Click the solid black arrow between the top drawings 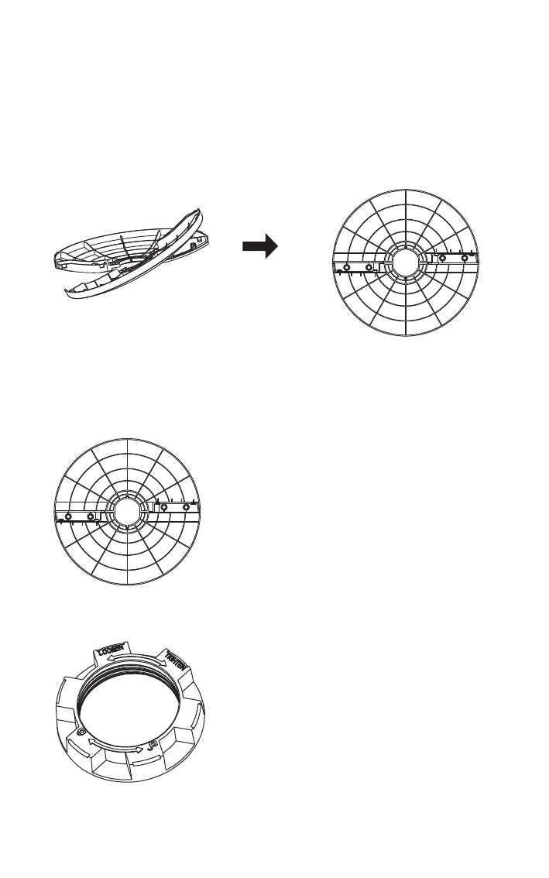tap(259, 247)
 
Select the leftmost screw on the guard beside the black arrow tap(346, 267)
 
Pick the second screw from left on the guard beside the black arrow tap(369, 267)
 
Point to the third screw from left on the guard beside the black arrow tap(442, 258)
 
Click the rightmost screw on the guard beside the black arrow tap(464, 258)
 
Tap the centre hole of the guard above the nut tap(128, 512)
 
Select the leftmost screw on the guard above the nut tap(69, 516)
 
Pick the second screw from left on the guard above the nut tap(91, 516)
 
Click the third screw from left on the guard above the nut tap(165, 508)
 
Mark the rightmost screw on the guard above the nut tap(187, 508)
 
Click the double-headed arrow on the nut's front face tap(116, 746)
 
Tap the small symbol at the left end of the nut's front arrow tap(81, 732)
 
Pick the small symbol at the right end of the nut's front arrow tap(152, 744)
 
